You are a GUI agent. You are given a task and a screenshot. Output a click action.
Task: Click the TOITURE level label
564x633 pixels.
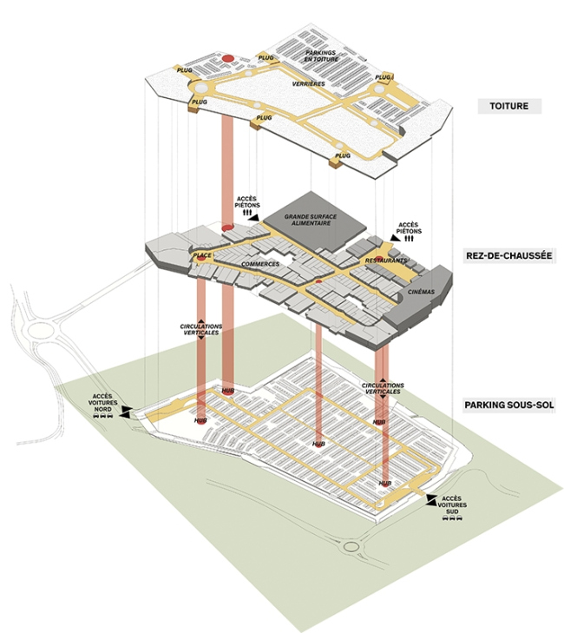pos(509,107)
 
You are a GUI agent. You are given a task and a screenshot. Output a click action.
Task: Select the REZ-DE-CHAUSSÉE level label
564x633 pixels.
pos(509,257)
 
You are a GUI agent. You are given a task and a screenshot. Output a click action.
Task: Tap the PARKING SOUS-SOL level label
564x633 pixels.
pos(508,406)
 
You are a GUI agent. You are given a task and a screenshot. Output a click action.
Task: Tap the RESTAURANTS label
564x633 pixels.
pos(385,260)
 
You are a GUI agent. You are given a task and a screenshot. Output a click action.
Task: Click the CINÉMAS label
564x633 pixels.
pos(420,292)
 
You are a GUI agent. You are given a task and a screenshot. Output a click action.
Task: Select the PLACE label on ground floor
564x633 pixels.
pos(203,255)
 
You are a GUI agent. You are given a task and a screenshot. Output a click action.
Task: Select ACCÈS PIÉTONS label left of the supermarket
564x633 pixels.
pos(246,204)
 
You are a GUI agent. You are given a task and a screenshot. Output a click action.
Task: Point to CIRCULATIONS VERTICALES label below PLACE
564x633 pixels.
pos(200,331)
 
